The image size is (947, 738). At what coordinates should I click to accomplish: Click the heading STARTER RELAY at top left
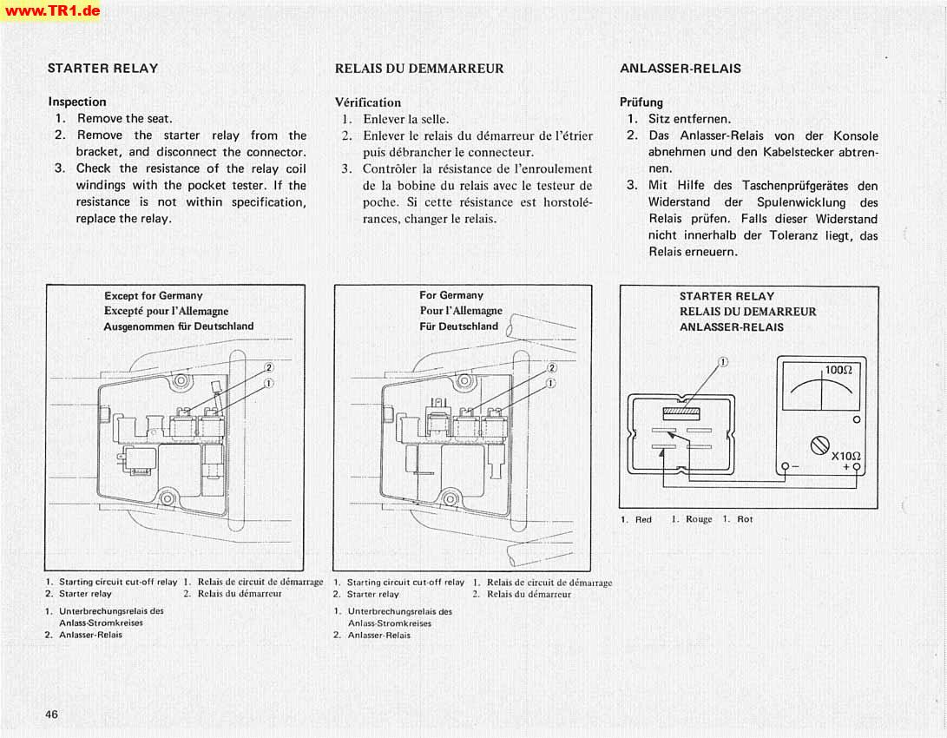102,68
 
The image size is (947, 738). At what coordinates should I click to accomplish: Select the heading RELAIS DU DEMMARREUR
418,68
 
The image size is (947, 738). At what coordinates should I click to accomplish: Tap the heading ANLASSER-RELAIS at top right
681,68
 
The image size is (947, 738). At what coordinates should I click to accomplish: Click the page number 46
52,714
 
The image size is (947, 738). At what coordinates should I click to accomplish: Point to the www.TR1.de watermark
50,10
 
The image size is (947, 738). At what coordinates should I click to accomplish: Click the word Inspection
77,102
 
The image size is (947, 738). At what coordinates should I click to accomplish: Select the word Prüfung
641,102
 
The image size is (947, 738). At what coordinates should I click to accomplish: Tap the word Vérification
368,102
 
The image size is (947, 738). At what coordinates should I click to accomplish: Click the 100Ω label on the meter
838,370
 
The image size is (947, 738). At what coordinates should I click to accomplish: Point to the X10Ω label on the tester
845,456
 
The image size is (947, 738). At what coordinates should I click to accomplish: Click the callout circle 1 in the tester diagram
723,361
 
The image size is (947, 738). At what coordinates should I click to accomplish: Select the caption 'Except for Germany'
153,295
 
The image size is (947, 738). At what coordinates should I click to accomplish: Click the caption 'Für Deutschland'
459,326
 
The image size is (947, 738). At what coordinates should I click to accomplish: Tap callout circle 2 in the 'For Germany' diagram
551,367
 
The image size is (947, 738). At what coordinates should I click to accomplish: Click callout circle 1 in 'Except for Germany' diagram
269,383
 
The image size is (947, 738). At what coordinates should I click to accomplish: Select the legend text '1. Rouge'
692,519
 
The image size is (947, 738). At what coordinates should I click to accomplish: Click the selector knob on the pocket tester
820,445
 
